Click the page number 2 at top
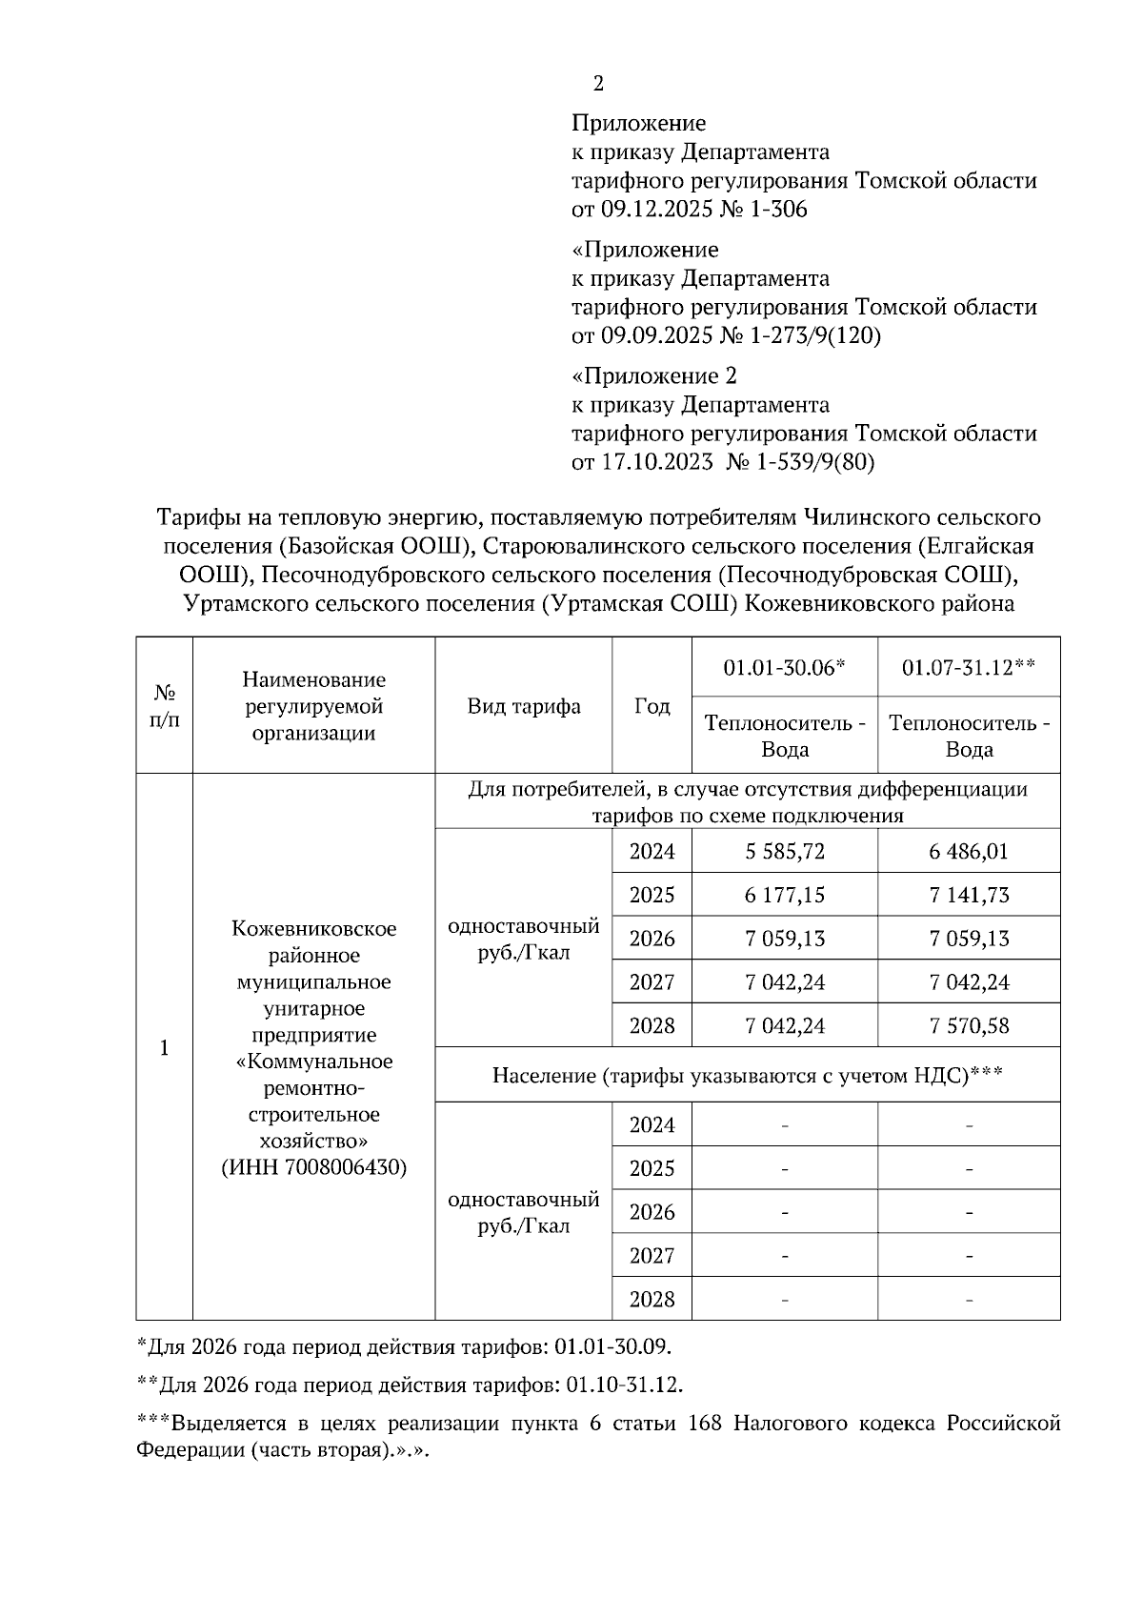point(598,84)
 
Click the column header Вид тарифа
point(523,706)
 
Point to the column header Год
point(652,706)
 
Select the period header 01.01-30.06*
point(784,667)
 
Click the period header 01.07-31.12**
point(969,667)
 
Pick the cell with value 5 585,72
point(785,851)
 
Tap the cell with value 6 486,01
point(969,851)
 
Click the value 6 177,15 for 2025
point(785,895)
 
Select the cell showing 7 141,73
point(969,895)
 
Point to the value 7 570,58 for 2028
point(969,1026)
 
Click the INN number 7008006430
point(343,1167)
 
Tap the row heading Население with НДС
point(747,1075)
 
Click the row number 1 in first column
point(164,1048)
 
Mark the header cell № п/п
point(164,706)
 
